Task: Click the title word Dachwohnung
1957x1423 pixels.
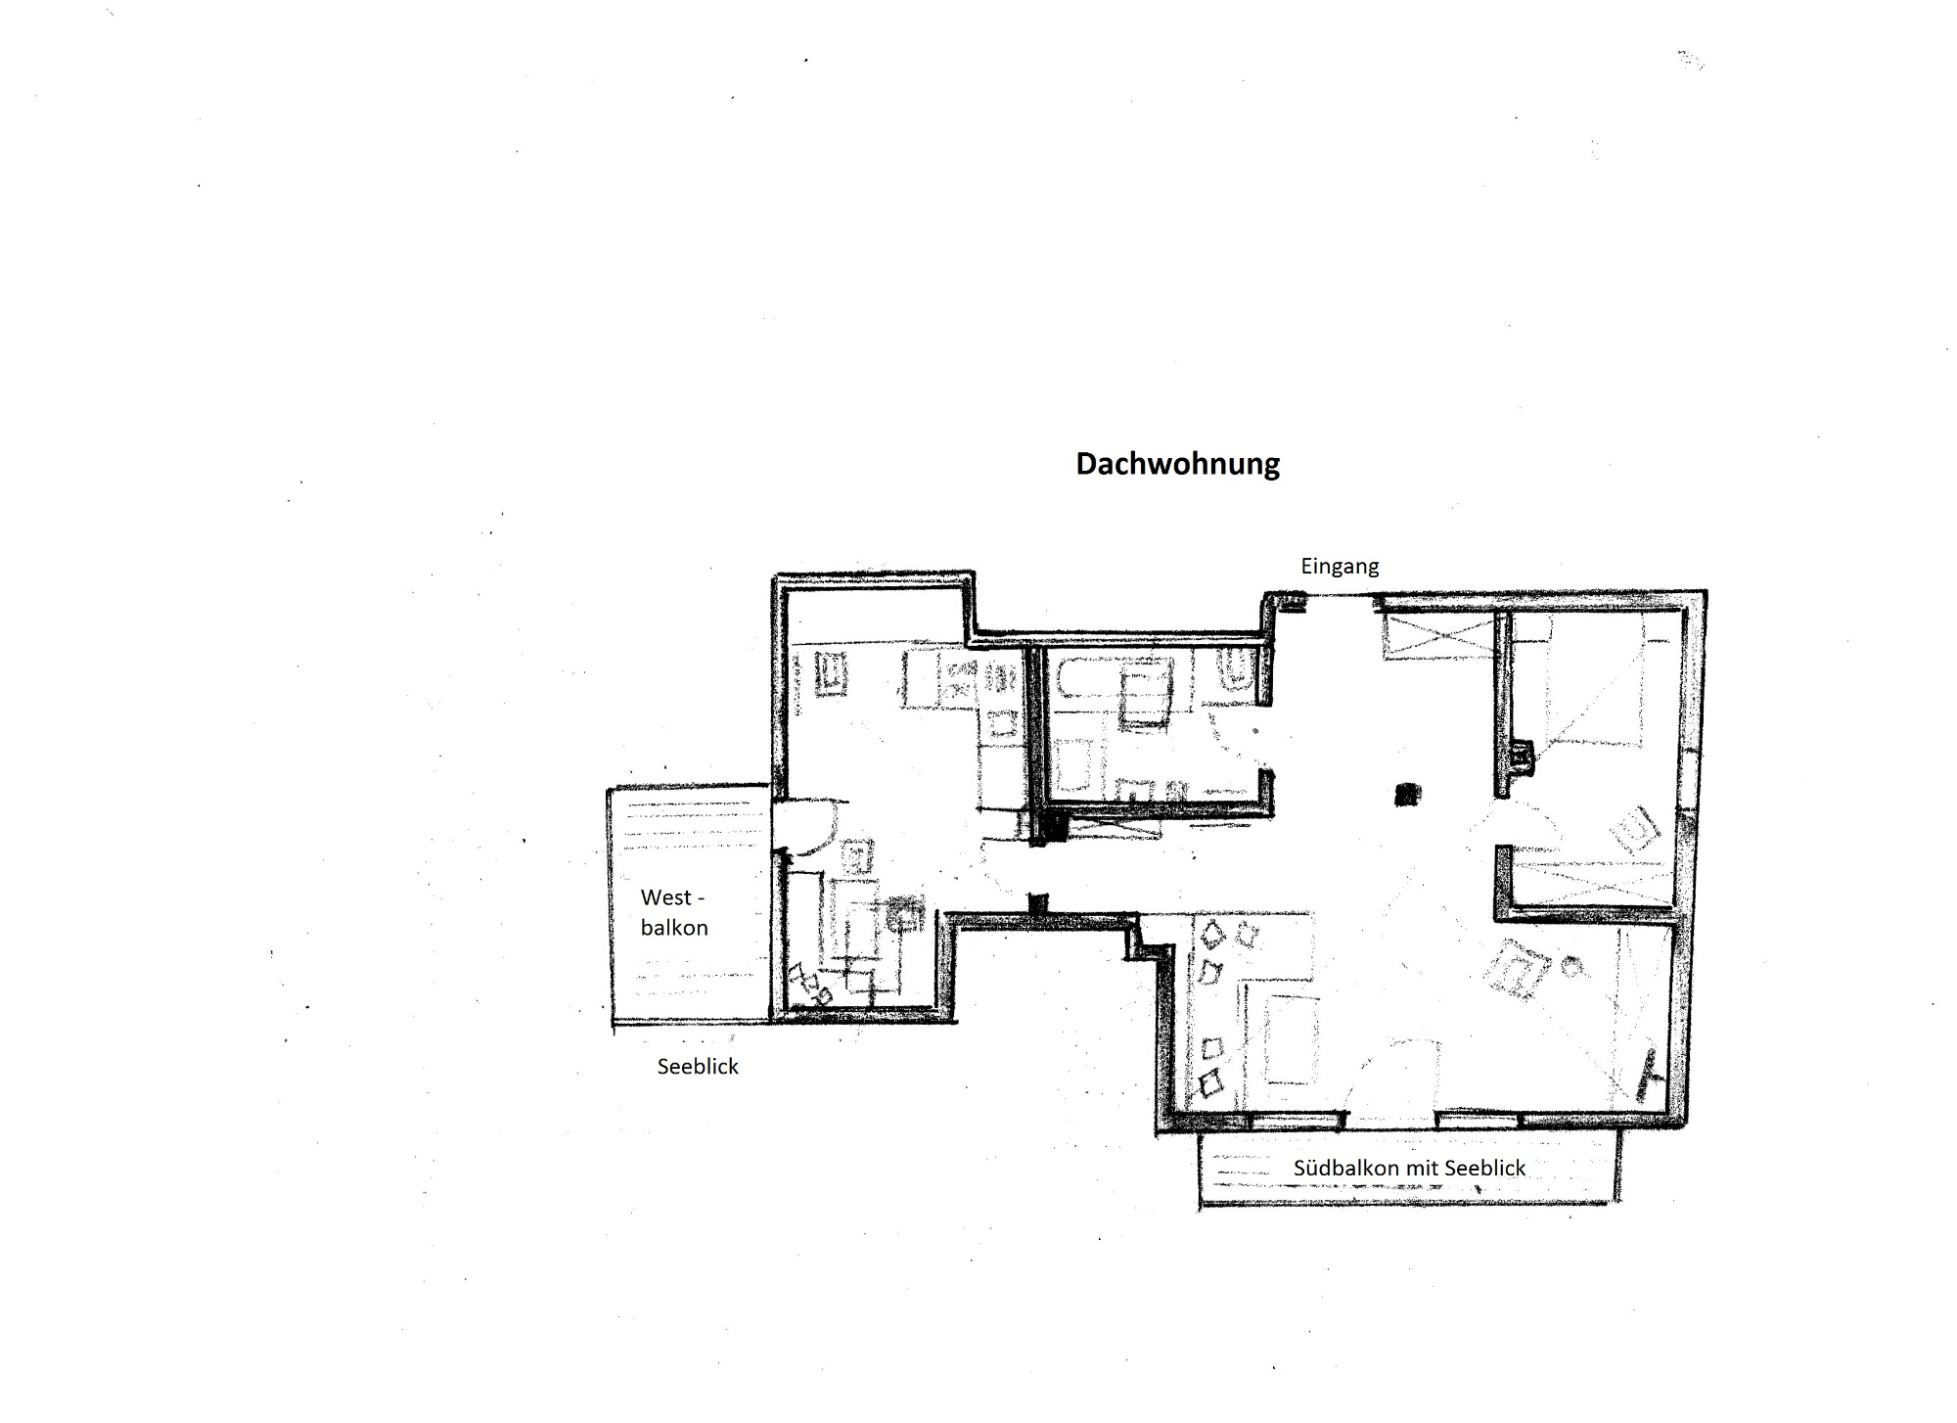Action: pyautogui.click(x=1177, y=463)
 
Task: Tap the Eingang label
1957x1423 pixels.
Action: pyautogui.click(x=1340, y=567)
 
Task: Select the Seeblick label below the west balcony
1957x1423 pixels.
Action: pyautogui.click(x=698, y=1067)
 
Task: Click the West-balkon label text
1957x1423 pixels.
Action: pyautogui.click(x=674, y=912)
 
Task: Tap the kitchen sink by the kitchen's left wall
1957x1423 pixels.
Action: pyautogui.click(x=830, y=674)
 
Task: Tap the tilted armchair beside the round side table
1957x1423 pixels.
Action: pyautogui.click(x=1515, y=969)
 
